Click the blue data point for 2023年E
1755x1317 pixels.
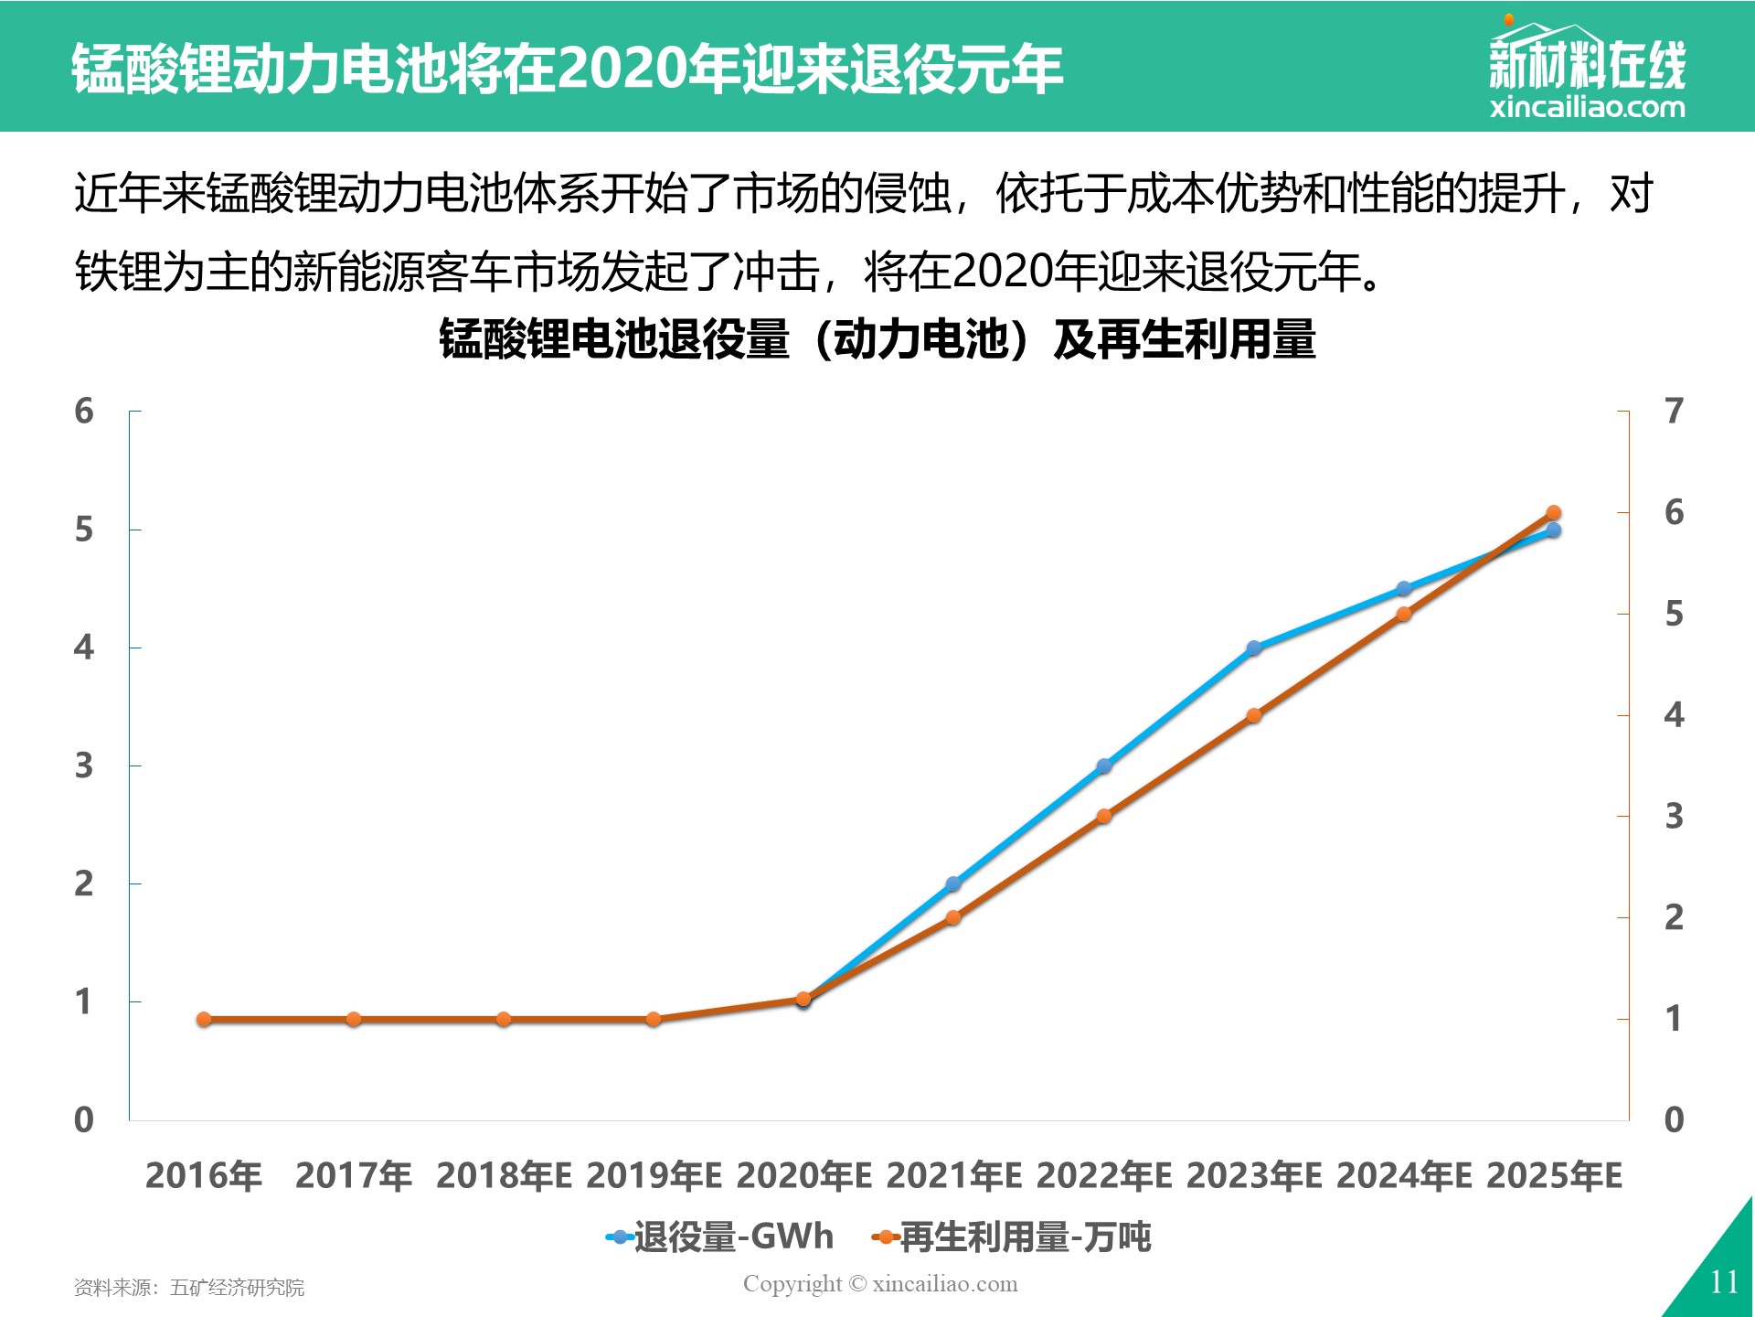(1254, 648)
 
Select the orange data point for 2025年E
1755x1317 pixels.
(1553, 513)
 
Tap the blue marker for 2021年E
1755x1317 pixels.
(953, 883)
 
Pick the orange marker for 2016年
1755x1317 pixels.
(204, 1019)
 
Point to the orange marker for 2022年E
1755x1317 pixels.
(1104, 816)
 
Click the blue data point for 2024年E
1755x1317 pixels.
(1404, 588)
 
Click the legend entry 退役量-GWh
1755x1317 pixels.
(719, 1237)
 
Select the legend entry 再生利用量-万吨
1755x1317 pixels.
(1011, 1237)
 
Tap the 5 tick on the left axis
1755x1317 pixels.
(84, 530)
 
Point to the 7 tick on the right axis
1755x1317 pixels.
(1674, 412)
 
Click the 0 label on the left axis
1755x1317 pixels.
(84, 1119)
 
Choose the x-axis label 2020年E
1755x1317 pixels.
(803, 1175)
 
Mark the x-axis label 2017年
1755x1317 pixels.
(354, 1175)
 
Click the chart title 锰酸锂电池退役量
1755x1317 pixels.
(614, 338)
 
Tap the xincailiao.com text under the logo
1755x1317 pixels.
(1588, 107)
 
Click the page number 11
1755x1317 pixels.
(1724, 1282)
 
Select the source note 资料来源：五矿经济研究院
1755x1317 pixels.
(189, 1288)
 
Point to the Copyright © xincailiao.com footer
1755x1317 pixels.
(880, 1284)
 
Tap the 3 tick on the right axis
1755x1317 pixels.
(1674, 816)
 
